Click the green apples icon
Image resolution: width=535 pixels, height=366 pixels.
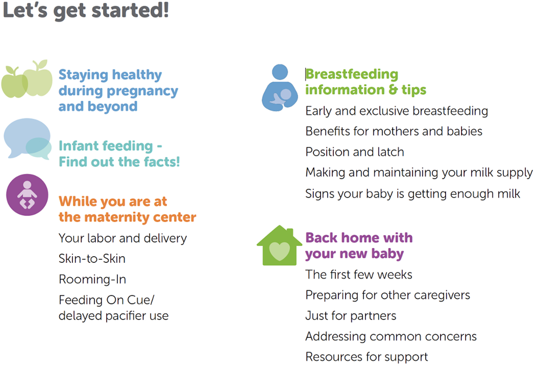27,79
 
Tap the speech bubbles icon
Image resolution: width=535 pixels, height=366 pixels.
27,139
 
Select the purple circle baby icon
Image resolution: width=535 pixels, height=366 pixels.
27,195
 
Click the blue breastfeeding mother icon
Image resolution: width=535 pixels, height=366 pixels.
280,88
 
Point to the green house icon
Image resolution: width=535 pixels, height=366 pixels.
279,246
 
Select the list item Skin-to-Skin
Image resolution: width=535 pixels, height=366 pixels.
92,259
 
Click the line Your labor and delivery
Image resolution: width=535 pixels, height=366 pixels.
123,239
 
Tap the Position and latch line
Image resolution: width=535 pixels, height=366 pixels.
355,152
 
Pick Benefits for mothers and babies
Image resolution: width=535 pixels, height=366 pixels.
394,131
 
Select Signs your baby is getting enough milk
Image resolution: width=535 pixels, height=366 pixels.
413,194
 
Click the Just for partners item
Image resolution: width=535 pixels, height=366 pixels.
351,316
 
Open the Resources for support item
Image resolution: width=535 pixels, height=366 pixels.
367,357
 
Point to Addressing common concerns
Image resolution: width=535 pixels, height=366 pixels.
391,336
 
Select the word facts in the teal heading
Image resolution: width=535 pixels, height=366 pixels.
159,162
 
